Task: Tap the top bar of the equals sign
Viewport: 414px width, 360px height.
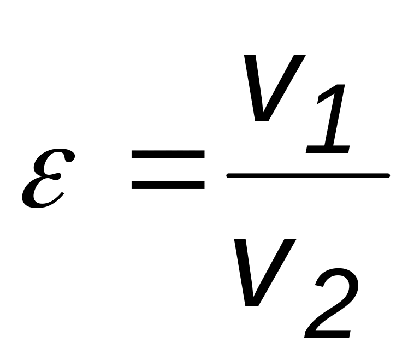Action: pyautogui.click(x=167, y=155)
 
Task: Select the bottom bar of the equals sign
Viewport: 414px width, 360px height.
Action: pyautogui.click(x=167, y=185)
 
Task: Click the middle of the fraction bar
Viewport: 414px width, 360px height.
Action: pyautogui.click(x=308, y=175)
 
